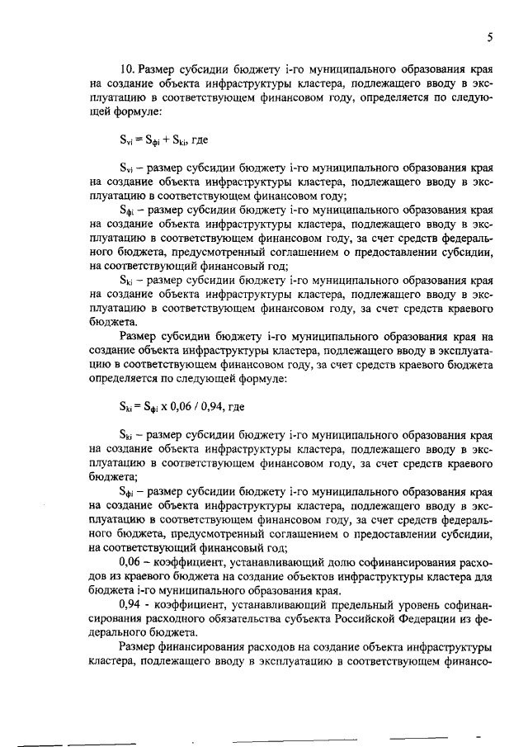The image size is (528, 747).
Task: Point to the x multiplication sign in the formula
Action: [x=164, y=406]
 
